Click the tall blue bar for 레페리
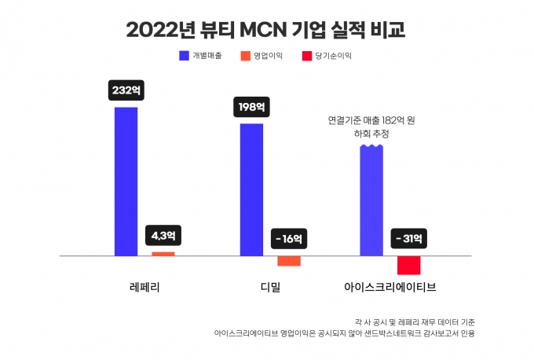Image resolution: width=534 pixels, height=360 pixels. pyautogui.click(x=126, y=181)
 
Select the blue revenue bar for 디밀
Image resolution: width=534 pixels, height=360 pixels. pyautogui.click(x=251, y=189)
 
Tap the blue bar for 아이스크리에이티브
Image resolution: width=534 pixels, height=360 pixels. pyautogui.click(x=371, y=200)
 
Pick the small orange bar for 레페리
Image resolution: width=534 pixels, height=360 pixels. pyautogui.click(x=163, y=254)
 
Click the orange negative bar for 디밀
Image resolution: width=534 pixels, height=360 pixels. pyautogui.click(x=288, y=261)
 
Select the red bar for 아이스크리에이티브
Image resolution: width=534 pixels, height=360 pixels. pyautogui.click(x=408, y=265)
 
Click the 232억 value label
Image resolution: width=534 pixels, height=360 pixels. pyautogui.click(x=126, y=90)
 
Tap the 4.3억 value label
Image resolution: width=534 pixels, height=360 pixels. pyautogui.click(x=163, y=235)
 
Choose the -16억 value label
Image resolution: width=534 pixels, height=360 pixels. pyautogui.click(x=288, y=237)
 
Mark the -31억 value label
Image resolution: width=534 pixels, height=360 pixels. pyautogui.click(x=408, y=237)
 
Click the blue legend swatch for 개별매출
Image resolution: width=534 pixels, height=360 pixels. pyautogui.click(x=184, y=56)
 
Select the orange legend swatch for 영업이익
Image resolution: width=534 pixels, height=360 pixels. pyautogui.click(x=245, y=56)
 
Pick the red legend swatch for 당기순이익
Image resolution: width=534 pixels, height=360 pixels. pyautogui.click(x=305, y=56)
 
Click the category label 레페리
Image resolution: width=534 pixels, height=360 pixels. pyautogui.click(x=144, y=287)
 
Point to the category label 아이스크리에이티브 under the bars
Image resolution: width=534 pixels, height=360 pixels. pyautogui.click(x=390, y=287)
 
